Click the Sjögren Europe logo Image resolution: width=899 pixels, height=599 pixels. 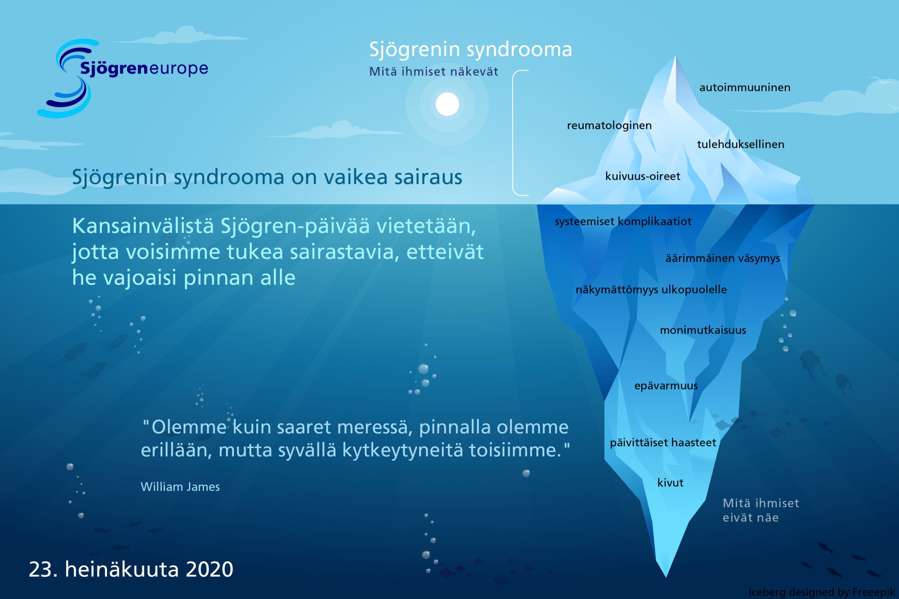point(122,78)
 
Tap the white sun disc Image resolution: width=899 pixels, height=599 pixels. point(447,104)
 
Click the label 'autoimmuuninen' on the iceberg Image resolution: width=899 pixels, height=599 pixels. point(744,87)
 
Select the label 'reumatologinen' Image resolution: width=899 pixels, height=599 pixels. point(609,126)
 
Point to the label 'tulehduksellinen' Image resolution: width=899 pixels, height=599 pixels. point(740,144)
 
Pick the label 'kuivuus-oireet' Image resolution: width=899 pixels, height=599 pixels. point(643,176)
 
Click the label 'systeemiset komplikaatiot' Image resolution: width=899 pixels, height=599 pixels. point(623,222)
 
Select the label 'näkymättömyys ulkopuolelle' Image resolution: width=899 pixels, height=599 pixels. point(651,290)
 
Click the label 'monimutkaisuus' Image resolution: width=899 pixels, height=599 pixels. point(703,330)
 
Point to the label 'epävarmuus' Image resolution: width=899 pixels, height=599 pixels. point(666,386)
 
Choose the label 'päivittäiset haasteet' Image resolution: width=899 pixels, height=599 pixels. point(663,442)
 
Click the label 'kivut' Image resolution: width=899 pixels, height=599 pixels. point(670,482)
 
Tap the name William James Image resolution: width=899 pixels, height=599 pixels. point(180,487)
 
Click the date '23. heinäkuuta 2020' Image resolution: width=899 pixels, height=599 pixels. point(131,569)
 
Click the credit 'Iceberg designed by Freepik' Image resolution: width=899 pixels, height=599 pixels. point(821,592)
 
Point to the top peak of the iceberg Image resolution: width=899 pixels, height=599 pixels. point(675,57)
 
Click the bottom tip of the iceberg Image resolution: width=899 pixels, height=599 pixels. point(666,577)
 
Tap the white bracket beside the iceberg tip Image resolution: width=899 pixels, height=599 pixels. point(513,133)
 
